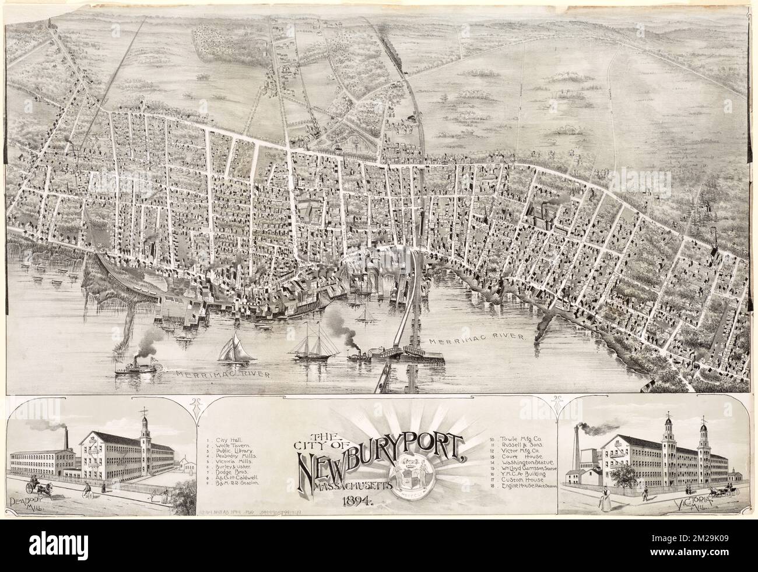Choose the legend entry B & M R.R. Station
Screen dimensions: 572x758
point(237,483)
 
